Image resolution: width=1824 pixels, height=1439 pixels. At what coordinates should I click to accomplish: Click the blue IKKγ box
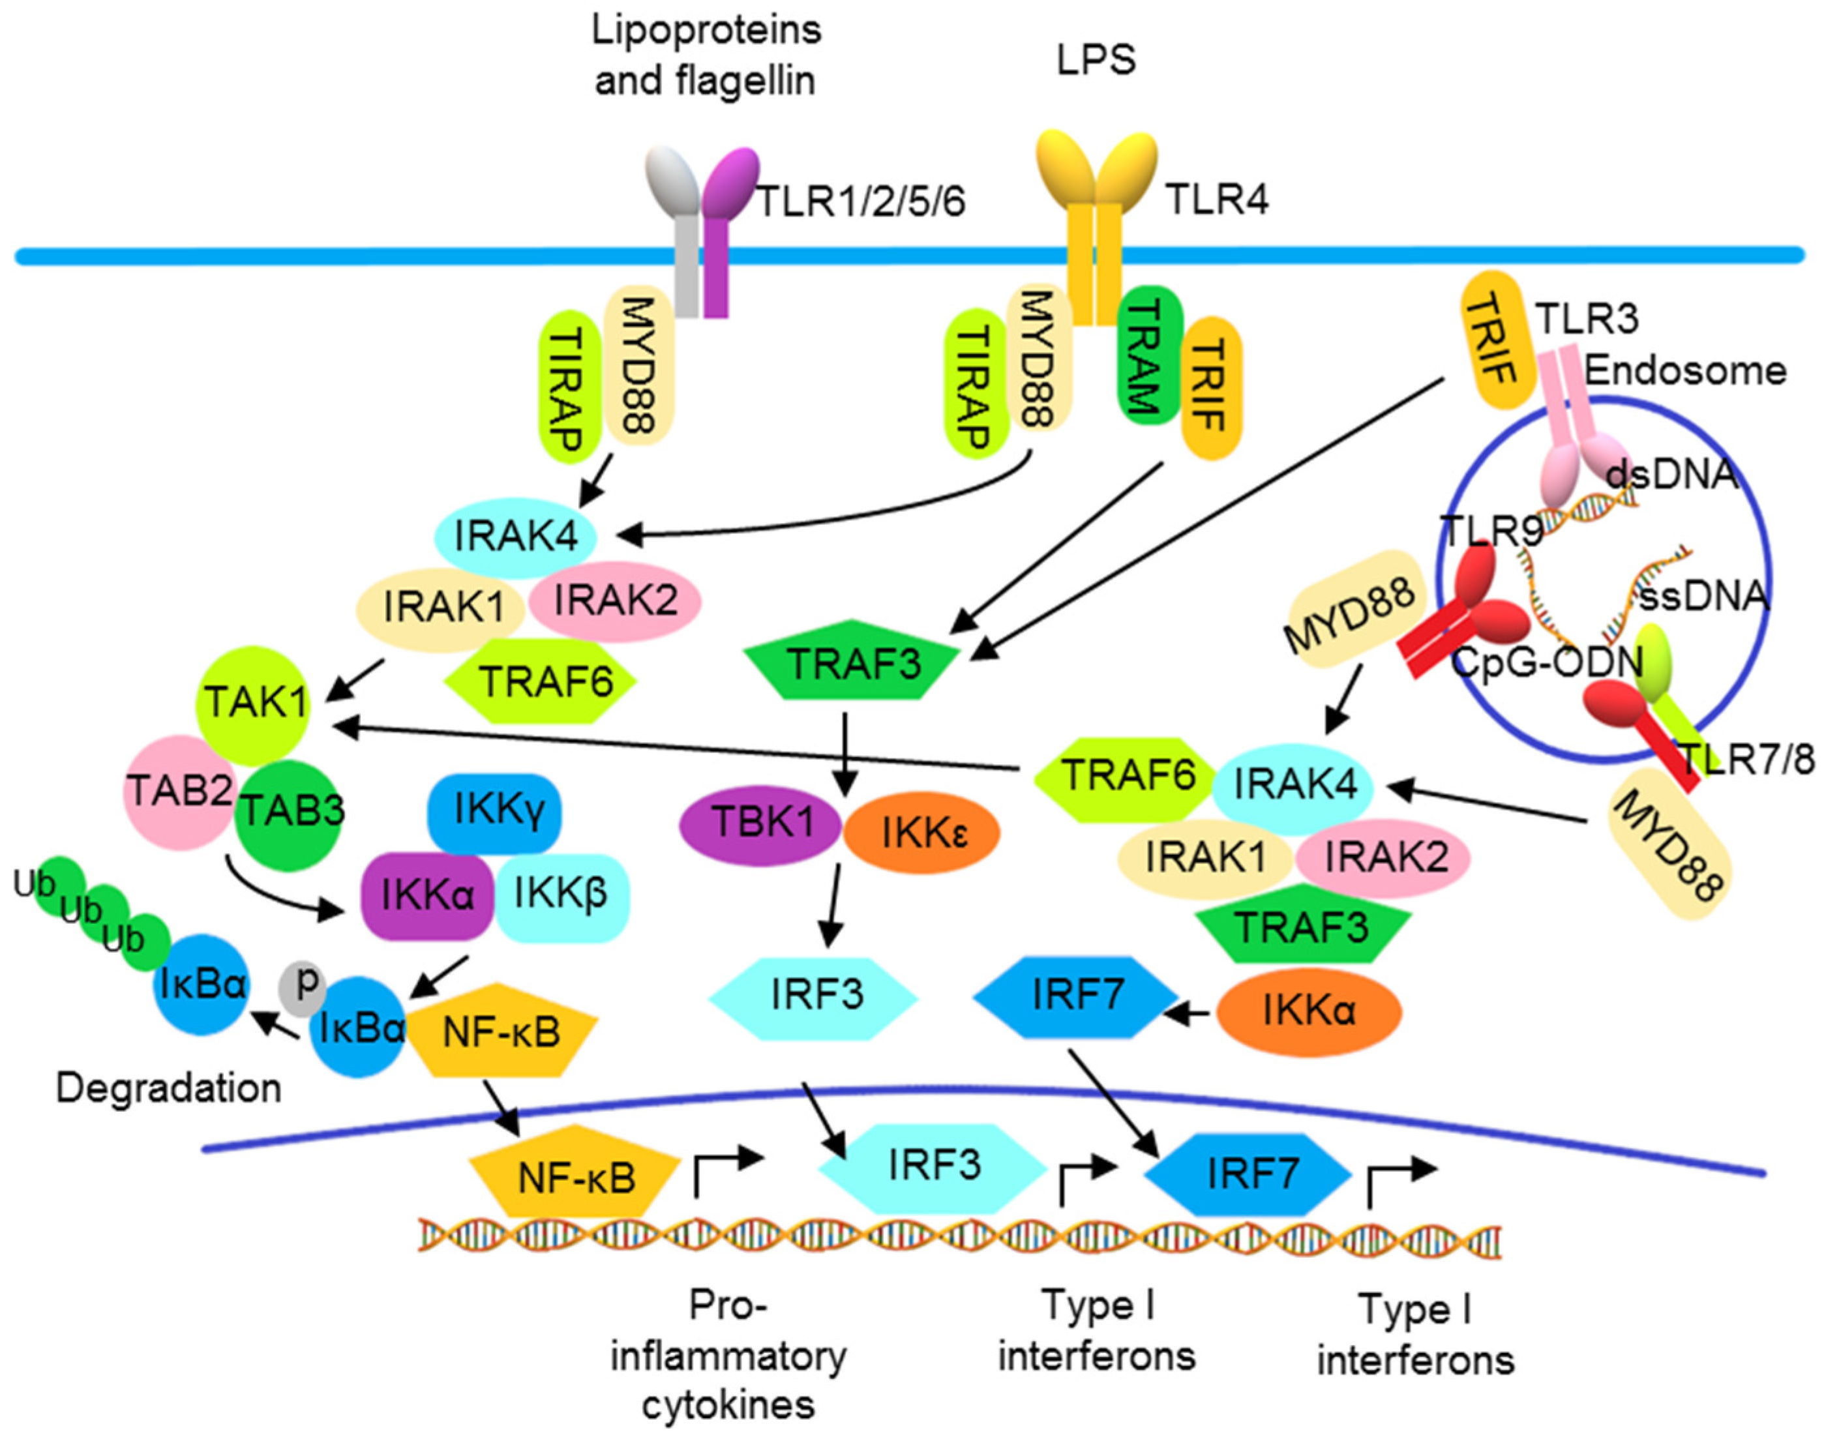[496, 810]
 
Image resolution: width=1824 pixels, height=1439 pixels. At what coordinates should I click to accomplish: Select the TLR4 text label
[1217, 201]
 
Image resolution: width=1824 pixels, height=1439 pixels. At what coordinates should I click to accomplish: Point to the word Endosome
[1686, 371]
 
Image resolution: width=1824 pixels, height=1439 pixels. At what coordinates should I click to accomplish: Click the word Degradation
[168, 1088]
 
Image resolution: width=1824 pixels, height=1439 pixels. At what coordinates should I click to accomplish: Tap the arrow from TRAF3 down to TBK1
[845, 754]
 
